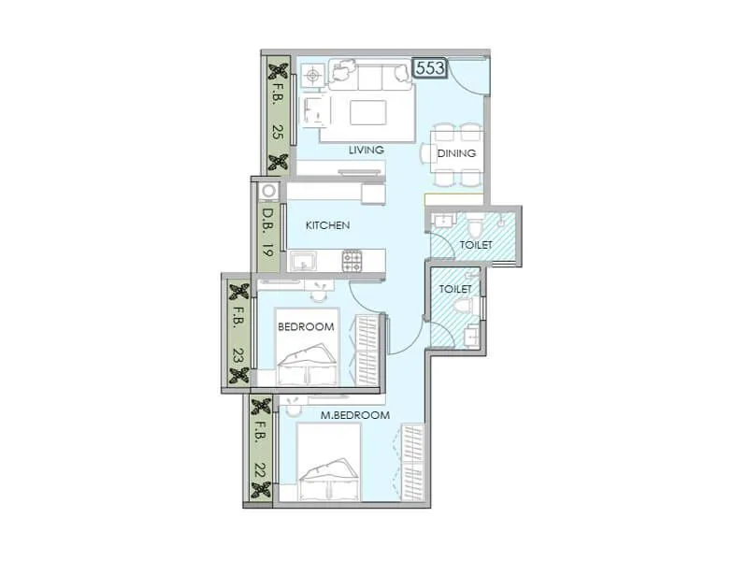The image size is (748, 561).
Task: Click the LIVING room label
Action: (x=367, y=151)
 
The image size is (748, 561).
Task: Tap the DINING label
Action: (x=457, y=153)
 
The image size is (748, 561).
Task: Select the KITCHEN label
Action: (x=327, y=225)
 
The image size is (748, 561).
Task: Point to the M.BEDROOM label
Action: (x=355, y=415)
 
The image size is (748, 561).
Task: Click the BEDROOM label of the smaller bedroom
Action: (x=306, y=326)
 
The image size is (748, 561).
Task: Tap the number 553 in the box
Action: (x=429, y=68)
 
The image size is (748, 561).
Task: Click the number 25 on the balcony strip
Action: (x=278, y=132)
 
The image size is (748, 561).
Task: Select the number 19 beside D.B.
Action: (x=267, y=250)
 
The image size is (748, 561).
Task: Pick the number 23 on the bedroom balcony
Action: (x=239, y=356)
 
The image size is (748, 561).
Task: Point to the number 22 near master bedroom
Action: (x=262, y=467)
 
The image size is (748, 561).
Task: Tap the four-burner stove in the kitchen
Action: (x=352, y=261)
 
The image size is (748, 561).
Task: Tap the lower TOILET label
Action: (x=455, y=289)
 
